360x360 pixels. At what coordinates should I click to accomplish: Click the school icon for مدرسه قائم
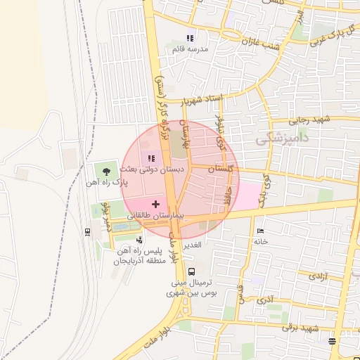point(188,38)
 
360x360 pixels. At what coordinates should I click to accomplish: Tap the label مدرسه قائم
point(188,50)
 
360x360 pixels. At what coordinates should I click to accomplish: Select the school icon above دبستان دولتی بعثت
point(151,158)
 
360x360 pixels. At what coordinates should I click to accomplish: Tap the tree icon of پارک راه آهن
point(106,171)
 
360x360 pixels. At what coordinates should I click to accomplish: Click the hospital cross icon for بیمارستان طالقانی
point(155,204)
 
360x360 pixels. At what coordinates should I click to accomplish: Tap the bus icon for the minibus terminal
point(192,271)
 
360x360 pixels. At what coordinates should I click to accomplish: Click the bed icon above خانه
point(261,231)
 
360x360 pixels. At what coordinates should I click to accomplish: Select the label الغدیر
point(192,245)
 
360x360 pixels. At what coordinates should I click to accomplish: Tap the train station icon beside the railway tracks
point(87,231)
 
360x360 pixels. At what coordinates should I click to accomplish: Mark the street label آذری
point(265,301)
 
